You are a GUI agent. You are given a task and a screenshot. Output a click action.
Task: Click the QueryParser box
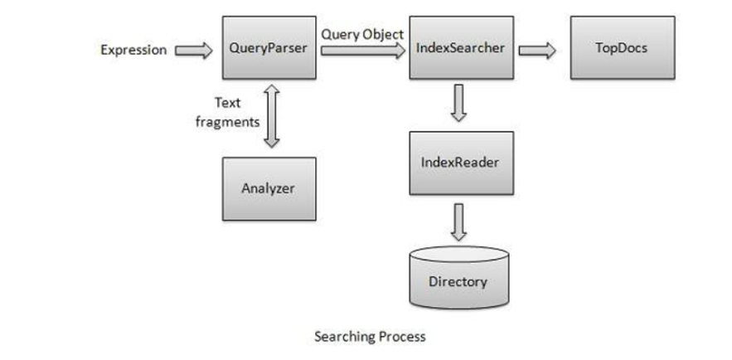coord(269,48)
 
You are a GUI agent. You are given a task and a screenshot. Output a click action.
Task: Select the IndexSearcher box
coord(460,48)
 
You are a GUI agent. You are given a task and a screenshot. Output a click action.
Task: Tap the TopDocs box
coord(621,48)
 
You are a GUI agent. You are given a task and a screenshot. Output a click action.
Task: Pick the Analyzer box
coord(269,188)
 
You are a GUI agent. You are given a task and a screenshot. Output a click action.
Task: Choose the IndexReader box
coord(460,163)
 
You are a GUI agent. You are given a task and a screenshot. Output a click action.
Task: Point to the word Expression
coord(133,50)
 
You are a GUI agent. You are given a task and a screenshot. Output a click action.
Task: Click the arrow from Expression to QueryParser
coord(193,51)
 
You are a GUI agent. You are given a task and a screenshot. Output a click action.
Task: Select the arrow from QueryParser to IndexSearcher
coord(362,51)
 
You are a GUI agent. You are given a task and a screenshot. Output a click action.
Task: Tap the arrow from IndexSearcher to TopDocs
coord(537,51)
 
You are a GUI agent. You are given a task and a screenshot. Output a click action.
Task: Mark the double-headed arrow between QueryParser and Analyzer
coord(269,118)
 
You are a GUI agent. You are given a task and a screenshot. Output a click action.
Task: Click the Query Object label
coord(362,35)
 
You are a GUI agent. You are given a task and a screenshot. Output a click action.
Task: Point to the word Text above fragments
coord(228,103)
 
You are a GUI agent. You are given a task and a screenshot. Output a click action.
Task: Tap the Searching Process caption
coord(370,336)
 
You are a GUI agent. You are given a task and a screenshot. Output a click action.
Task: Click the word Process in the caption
coord(401,336)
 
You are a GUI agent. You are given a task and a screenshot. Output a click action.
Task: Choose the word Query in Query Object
coord(339,35)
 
